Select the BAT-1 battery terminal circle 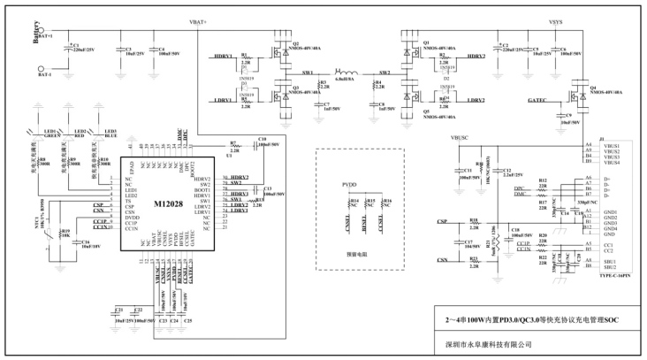41,74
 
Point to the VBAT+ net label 198,19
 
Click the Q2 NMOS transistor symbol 281,52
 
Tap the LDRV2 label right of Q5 468,100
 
